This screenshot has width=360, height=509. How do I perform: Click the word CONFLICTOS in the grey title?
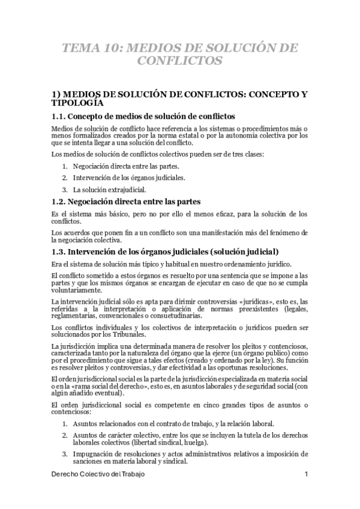[x=180, y=61]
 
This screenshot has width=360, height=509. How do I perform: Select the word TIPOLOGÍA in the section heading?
[x=79, y=103]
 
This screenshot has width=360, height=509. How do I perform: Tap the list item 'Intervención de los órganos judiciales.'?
[x=128, y=178]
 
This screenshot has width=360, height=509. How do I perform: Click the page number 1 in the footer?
[x=306, y=474]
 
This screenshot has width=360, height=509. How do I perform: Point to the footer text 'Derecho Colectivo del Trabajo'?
[x=98, y=474]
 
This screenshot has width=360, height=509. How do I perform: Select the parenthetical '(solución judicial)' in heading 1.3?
[x=237, y=251]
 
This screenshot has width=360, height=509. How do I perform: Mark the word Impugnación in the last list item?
[x=92, y=453]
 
